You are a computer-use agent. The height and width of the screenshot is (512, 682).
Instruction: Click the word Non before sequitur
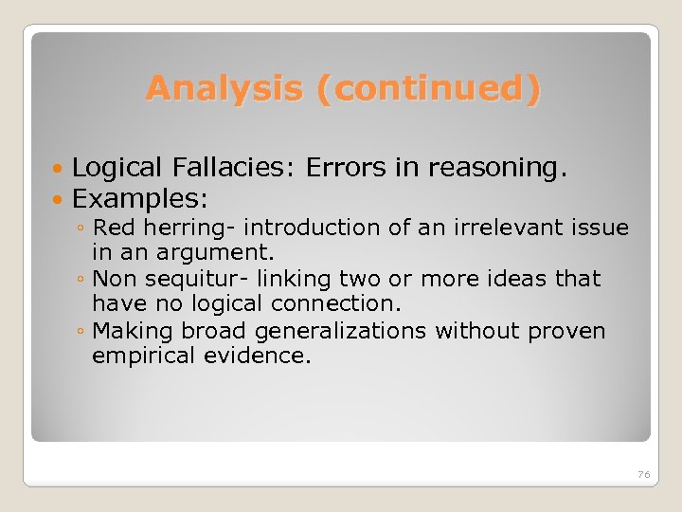click(115, 280)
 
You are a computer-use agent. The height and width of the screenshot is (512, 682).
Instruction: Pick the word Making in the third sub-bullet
click(126, 332)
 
